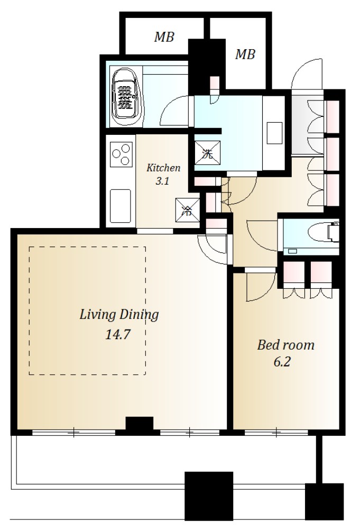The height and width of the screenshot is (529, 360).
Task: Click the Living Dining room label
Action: (x=119, y=315)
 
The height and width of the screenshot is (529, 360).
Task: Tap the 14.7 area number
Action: (x=118, y=334)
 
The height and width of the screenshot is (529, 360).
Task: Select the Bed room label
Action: (x=285, y=345)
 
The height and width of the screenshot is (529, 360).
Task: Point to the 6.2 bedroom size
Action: (x=282, y=362)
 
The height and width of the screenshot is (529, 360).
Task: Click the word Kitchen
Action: (x=163, y=168)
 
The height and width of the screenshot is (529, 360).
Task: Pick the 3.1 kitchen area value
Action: (x=162, y=181)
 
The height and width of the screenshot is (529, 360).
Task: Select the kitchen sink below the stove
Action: (x=121, y=206)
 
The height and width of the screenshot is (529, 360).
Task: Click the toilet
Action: (x=323, y=232)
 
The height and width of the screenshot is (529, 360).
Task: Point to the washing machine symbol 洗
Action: (x=208, y=153)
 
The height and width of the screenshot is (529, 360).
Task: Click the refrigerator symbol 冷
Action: (x=188, y=210)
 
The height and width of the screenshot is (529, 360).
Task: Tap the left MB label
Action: (x=164, y=37)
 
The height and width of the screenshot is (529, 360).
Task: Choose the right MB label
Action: (x=245, y=54)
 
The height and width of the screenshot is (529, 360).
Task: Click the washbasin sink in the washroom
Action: (x=274, y=133)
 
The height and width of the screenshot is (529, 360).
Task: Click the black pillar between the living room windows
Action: (x=140, y=424)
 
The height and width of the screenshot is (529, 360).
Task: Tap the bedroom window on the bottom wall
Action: (x=276, y=432)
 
